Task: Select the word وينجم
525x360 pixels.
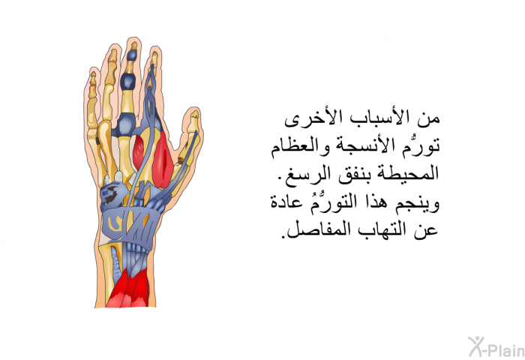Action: [x=418, y=203]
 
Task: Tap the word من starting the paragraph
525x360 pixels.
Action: [x=431, y=120]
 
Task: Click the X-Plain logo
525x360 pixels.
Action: [x=496, y=347]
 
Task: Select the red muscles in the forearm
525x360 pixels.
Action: [x=128, y=287]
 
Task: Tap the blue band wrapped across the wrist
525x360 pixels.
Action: [x=128, y=223]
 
